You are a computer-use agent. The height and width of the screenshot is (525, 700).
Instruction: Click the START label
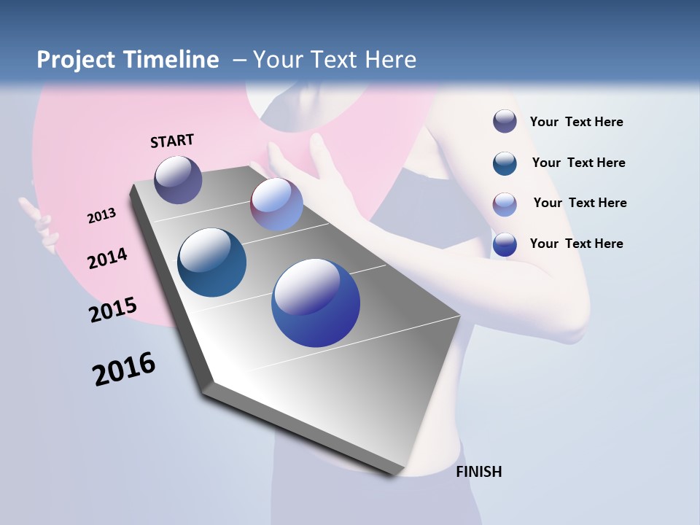(172, 140)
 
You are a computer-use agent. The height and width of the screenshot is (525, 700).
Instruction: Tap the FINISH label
(479, 472)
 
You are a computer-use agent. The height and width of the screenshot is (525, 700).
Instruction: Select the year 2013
(101, 216)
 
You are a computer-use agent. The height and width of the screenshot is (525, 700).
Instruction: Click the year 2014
(107, 258)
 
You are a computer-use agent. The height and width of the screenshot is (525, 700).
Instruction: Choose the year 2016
(124, 369)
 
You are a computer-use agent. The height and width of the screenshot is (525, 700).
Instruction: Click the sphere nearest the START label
(178, 179)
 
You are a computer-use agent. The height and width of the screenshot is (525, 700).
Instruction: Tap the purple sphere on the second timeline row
(276, 204)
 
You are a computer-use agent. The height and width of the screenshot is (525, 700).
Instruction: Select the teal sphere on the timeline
(212, 262)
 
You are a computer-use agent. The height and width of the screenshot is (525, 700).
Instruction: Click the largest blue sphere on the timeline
(316, 303)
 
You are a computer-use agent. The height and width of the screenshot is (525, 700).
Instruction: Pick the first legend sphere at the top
(505, 121)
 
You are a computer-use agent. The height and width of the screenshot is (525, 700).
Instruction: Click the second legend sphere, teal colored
(505, 163)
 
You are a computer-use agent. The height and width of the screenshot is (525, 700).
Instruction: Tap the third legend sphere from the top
(505, 204)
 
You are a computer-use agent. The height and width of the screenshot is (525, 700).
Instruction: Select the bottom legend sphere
(505, 244)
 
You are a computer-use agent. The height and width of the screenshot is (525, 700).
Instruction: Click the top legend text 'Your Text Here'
(576, 122)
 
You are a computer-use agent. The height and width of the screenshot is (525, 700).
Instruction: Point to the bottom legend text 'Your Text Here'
(576, 244)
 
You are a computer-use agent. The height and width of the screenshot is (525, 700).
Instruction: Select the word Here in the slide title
(390, 60)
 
